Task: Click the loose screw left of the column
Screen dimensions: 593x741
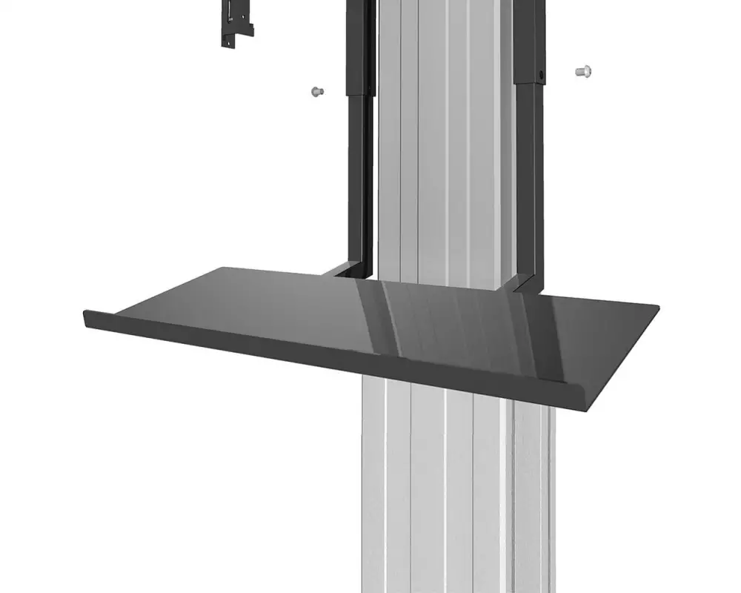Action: click(x=316, y=91)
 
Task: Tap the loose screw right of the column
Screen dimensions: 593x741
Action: click(x=582, y=72)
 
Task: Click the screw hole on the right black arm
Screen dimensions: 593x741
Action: click(x=542, y=76)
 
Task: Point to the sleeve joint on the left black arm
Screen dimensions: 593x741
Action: click(x=361, y=94)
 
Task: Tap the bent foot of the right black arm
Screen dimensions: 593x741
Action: click(x=523, y=282)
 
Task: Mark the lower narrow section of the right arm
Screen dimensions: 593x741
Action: click(x=531, y=185)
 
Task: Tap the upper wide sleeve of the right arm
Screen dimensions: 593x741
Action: click(x=529, y=37)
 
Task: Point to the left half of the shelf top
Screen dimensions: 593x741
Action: click(x=222, y=304)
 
